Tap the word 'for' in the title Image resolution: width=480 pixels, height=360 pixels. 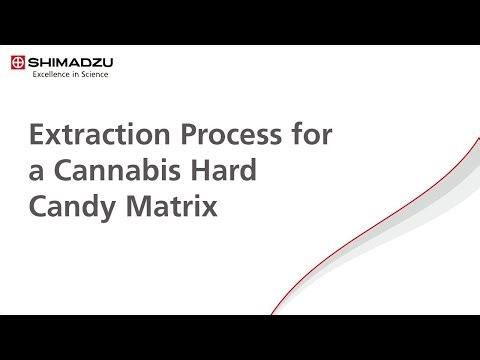coord(303,134)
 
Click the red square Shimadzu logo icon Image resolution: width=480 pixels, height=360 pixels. coord(18,62)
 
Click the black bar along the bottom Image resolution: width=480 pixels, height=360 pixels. coord(240,337)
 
